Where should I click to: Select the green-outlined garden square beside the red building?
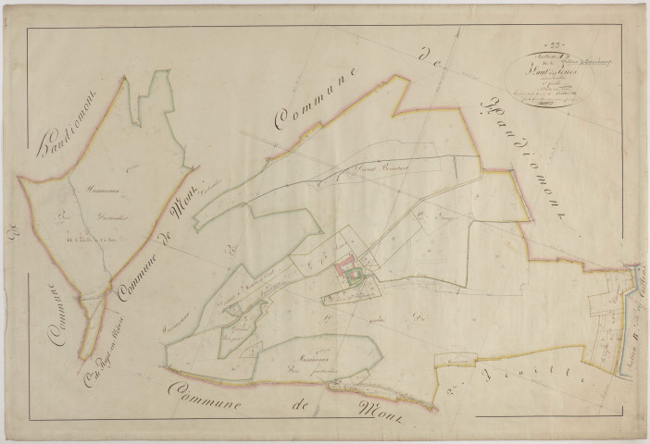coord(354,274)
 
